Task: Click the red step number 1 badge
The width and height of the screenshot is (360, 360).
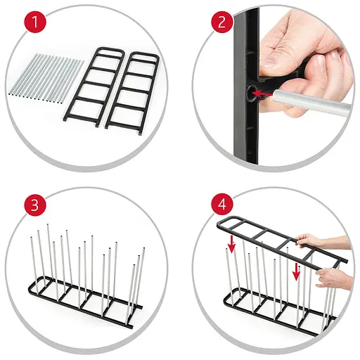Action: [x=35, y=22]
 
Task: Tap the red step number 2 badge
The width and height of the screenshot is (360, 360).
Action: [x=222, y=22]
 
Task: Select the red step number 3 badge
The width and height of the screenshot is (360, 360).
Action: [x=35, y=205]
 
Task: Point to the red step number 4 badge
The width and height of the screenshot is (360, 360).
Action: [x=222, y=205]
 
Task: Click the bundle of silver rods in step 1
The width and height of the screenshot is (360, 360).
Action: [x=46, y=79]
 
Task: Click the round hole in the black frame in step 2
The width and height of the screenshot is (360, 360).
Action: [x=252, y=94]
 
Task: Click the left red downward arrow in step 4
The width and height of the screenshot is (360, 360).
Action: [x=232, y=244]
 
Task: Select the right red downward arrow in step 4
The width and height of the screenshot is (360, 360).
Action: [x=297, y=271]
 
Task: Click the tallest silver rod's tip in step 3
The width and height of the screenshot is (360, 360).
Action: [x=48, y=224]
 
